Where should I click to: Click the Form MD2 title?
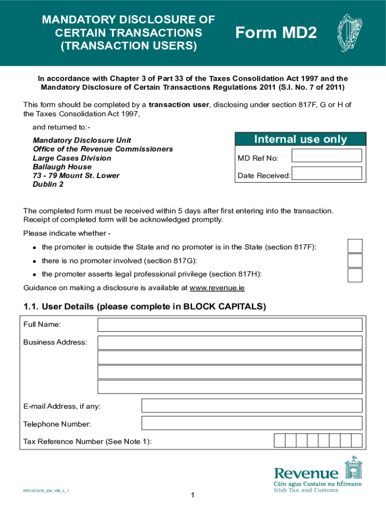click(276, 33)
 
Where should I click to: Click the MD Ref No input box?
click(326, 156)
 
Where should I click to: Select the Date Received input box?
click(326, 173)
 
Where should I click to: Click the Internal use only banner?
click(300, 139)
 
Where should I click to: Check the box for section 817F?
click(355, 246)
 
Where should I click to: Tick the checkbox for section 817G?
click(355, 261)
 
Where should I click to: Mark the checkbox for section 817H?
click(355, 275)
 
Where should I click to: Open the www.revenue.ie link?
click(217, 288)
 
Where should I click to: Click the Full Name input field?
click(230, 325)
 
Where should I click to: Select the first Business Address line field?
click(230, 343)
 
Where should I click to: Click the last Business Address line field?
click(230, 387)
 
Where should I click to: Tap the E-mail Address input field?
click(252, 406)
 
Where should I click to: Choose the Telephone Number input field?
click(252, 423)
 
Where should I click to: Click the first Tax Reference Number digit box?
click(280, 441)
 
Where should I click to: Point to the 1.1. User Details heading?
click(144, 307)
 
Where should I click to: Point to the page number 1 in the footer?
click(192, 496)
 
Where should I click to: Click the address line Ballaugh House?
click(62, 167)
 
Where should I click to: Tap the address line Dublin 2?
click(48, 184)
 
